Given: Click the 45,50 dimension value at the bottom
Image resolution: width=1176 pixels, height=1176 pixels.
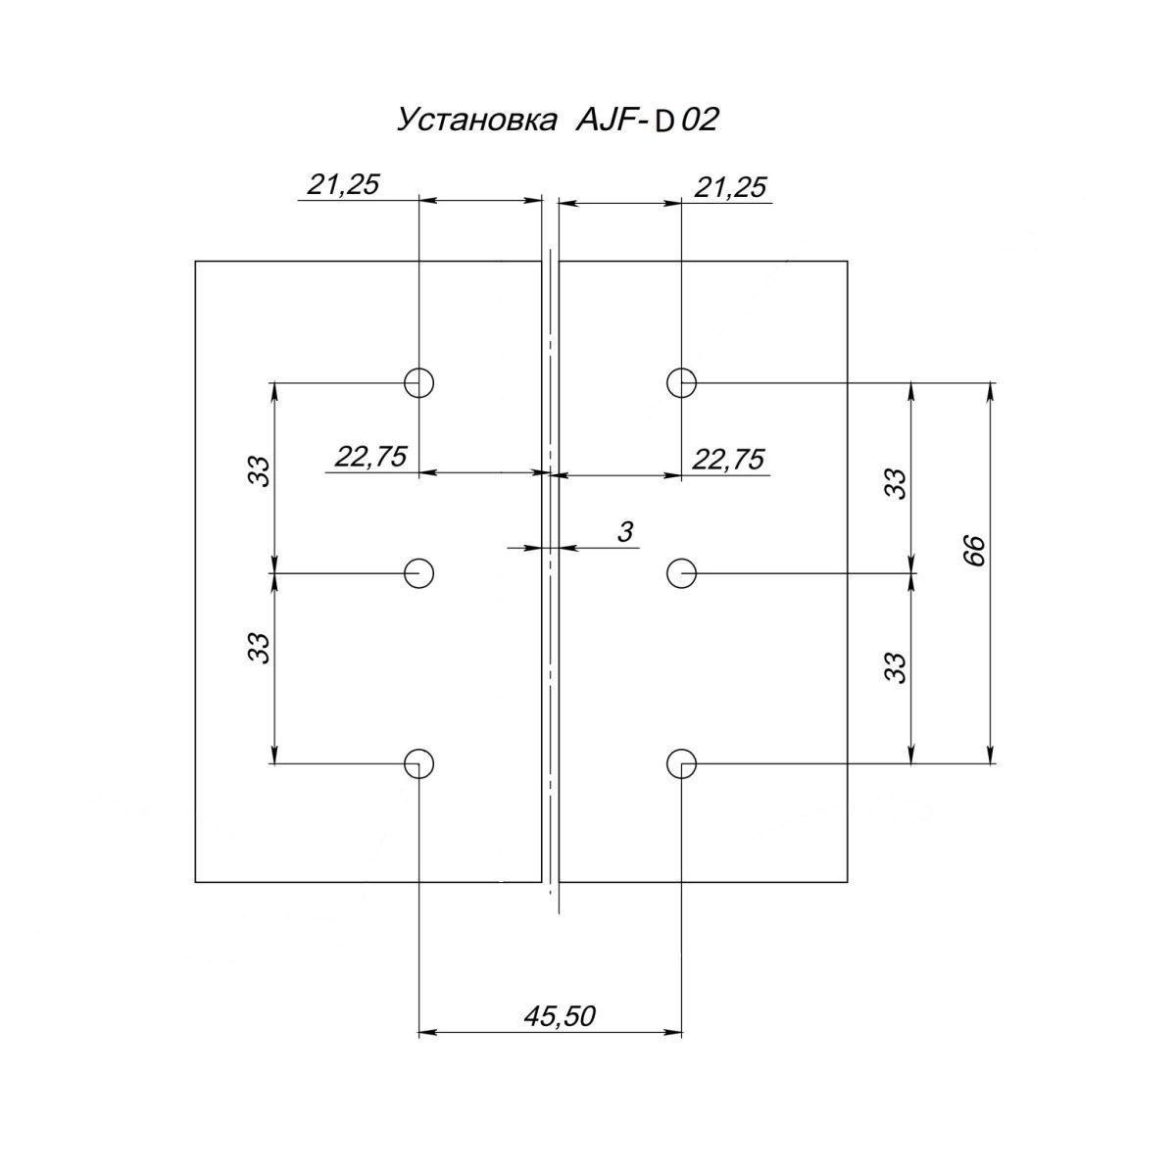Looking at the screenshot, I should pyautogui.click(x=560, y=1016).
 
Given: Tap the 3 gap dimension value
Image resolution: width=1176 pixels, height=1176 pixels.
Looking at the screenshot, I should pyautogui.click(x=623, y=532).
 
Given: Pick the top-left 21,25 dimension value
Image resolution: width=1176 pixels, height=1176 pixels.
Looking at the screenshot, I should pyautogui.click(x=342, y=185).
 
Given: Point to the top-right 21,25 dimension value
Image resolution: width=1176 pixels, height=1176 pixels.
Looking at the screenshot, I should pyautogui.click(x=730, y=187).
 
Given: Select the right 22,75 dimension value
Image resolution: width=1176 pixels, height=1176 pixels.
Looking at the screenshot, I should pyautogui.click(x=728, y=459).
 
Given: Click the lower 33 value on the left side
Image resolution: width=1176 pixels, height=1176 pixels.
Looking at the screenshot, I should pyautogui.click(x=259, y=647).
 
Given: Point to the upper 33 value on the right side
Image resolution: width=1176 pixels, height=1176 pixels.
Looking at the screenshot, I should pyautogui.click(x=895, y=483).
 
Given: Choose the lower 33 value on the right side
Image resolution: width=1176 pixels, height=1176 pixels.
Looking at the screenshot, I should pyautogui.click(x=895, y=666).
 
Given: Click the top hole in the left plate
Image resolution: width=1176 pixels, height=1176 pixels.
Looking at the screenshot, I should pyautogui.click(x=419, y=381).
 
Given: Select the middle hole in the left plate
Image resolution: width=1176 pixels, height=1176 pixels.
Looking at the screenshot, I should pyautogui.click(x=419, y=572).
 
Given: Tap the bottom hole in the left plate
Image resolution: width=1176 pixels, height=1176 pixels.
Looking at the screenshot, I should pyautogui.click(x=419, y=763).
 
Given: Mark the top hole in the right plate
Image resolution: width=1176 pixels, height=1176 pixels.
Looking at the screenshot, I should pyautogui.click(x=682, y=381).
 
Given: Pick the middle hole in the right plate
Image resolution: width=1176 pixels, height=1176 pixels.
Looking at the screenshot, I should pyautogui.click(x=682, y=572).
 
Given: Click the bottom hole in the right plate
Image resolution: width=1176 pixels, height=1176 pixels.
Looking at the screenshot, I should pyautogui.click(x=682, y=763).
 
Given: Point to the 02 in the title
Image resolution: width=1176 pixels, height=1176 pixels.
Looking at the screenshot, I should pyautogui.click(x=699, y=121).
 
